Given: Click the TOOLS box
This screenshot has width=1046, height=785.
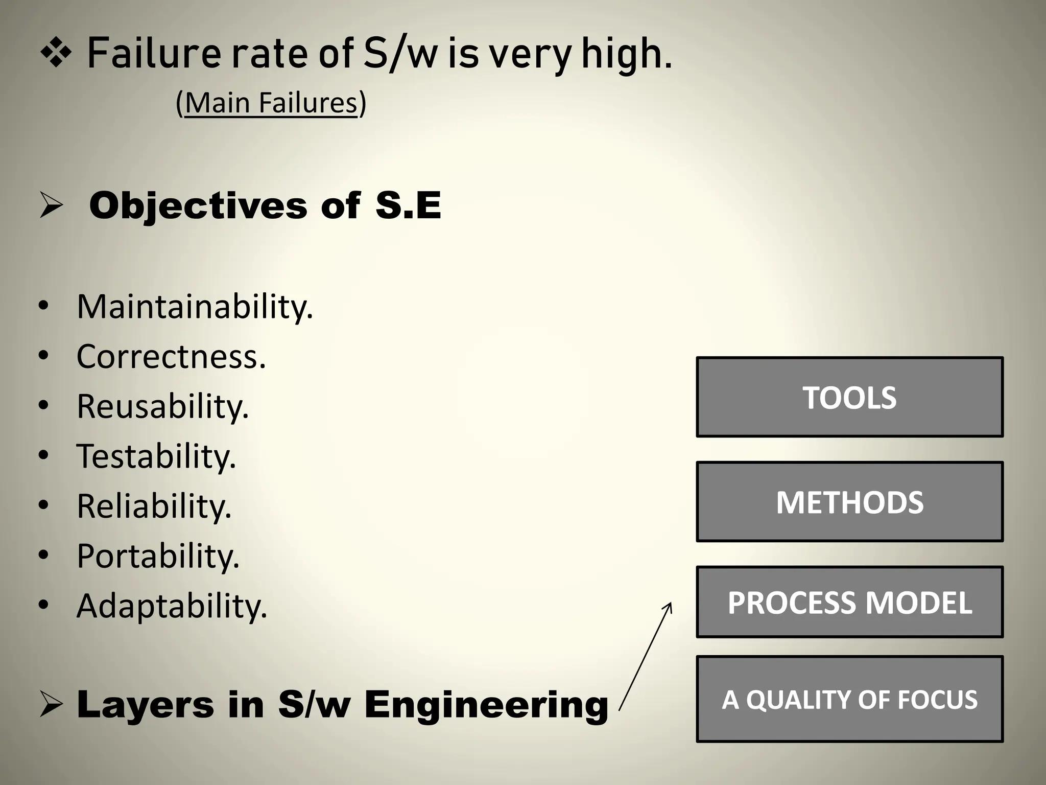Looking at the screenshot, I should pyautogui.click(x=849, y=397).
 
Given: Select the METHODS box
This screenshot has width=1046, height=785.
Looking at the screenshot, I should pyautogui.click(x=849, y=501).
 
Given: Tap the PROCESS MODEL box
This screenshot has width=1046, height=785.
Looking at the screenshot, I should pyautogui.click(x=849, y=602).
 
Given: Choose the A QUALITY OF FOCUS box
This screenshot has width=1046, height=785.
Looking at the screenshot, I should pyautogui.click(x=849, y=699).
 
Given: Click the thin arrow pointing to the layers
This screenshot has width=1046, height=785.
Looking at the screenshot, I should pyautogui.click(x=646, y=656).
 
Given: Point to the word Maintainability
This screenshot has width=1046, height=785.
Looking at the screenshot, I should pyautogui.click(x=195, y=307).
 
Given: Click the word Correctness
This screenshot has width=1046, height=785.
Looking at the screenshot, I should pyautogui.click(x=171, y=356).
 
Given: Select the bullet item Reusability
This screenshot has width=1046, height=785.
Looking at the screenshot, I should pyautogui.click(x=162, y=406).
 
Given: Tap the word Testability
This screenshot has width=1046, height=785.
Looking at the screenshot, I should pyautogui.click(x=156, y=456).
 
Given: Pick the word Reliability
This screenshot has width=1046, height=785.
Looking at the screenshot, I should pyautogui.click(x=154, y=506).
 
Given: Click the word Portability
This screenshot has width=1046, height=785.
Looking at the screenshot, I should pyautogui.click(x=158, y=556).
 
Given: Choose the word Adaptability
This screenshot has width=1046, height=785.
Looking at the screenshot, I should pyautogui.click(x=172, y=606).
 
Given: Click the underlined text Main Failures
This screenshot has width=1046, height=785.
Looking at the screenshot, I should pyautogui.click(x=271, y=103).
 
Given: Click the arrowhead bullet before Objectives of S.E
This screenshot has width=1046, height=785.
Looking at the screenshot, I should pyautogui.click(x=51, y=207).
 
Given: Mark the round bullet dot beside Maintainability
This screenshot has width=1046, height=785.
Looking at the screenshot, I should pyautogui.click(x=43, y=307).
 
